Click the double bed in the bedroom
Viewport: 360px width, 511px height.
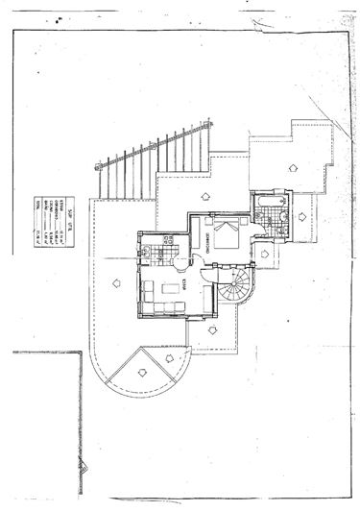[x=228, y=233]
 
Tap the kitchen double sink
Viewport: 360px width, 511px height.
[x=142, y=252]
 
